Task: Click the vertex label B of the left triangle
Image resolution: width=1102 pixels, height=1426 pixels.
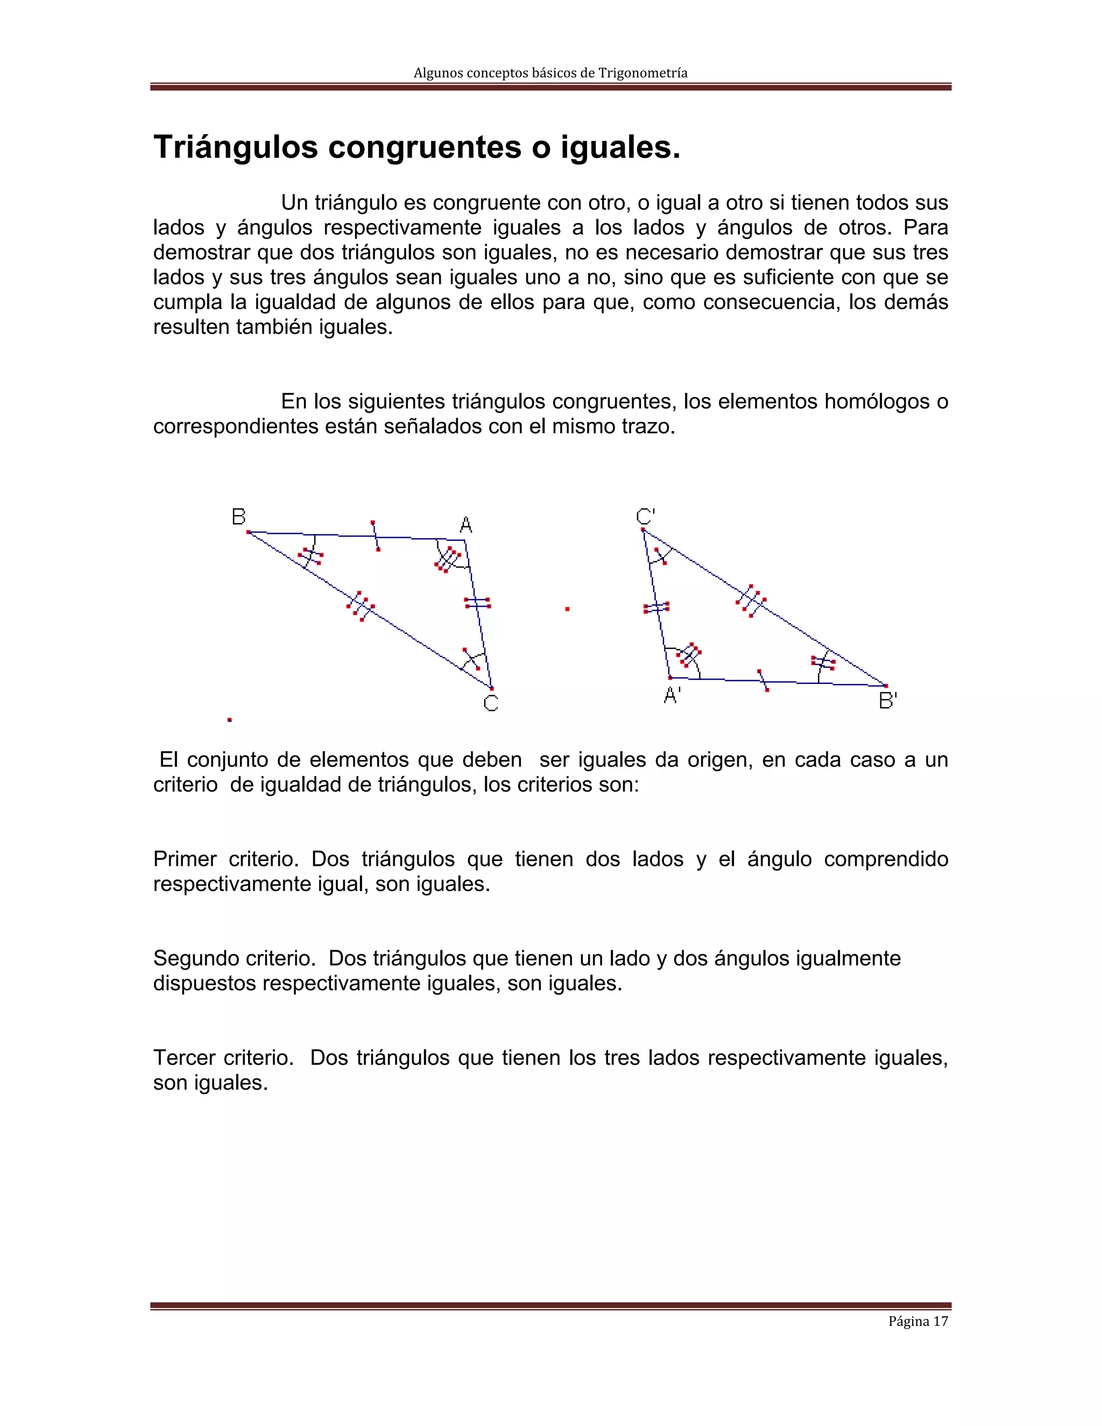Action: click(x=238, y=517)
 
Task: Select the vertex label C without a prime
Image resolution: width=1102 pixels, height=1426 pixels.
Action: click(x=491, y=703)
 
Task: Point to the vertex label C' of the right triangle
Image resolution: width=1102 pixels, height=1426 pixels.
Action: click(x=645, y=517)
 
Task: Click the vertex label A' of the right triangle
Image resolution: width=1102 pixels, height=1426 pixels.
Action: click(x=672, y=696)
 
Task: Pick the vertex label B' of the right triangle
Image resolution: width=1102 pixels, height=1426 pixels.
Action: click(x=888, y=701)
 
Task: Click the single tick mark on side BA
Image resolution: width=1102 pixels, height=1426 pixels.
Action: click(x=376, y=536)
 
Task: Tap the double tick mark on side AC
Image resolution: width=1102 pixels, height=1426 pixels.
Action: click(x=478, y=603)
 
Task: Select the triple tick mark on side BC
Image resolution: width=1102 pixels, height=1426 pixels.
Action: click(x=361, y=606)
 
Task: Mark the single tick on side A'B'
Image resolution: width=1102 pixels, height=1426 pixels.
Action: click(x=762, y=680)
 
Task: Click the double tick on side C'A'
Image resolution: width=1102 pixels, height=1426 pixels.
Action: click(x=656, y=608)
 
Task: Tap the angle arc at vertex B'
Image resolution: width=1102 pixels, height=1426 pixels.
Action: click(x=823, y=665)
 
